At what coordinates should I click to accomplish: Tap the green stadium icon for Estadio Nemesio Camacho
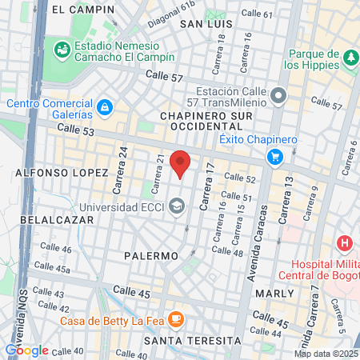(x=62, y=50)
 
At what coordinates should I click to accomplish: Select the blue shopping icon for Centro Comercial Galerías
(x=104, y=106)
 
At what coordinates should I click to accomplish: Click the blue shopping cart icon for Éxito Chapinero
(x=276, y=156)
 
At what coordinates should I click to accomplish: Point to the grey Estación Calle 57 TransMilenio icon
(x=278, y=97)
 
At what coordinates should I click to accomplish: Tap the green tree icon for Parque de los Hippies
(x=350, y=57)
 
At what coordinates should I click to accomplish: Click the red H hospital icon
(x=345, y=242)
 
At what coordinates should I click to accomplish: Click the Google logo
(x=26, y=350)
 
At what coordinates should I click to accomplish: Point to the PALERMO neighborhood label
(x=150, y=256)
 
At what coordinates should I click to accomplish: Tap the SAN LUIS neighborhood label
(x=205, y=24)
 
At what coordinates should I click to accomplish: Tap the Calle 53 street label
(x=76, y=130)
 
